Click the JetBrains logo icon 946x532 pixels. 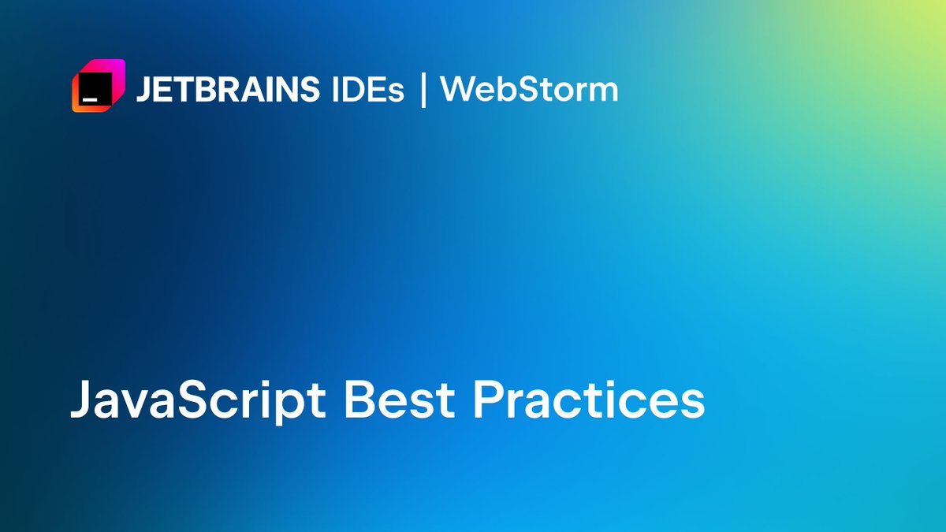[99, 86]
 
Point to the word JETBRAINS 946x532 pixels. [227, 90]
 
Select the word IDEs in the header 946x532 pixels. [365, 90]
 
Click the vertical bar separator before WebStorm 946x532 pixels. [423, 90]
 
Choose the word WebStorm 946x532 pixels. [529, 90]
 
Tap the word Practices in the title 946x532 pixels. [588, 400]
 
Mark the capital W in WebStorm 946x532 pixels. [457, 90]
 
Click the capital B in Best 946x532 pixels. [359, 400]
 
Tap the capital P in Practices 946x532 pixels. [489, 400]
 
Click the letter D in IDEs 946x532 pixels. [352, 90]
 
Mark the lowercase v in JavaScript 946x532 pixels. [147, 404]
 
